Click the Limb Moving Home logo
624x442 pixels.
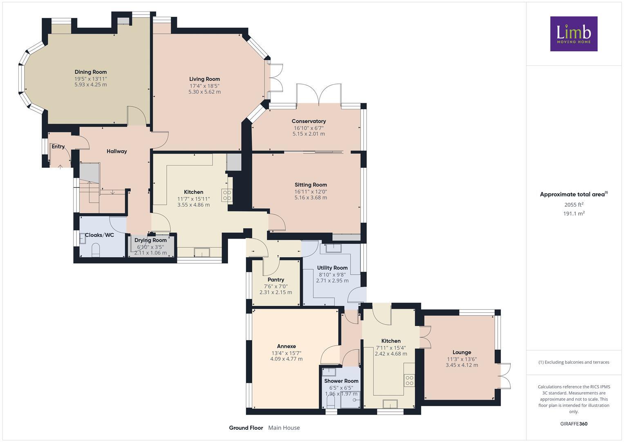pyautogui.click(x=573, y=34)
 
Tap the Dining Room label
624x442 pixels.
pyautogui.click(x=90, y=72)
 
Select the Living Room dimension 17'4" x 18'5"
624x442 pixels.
pyautogui.click(x=204, y=86)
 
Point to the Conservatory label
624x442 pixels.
pyautogui.click(x=309, y=121)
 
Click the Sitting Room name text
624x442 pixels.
pyautogui.click(x=311, y=185)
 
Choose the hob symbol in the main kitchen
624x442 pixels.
pyautogui.click(x=227, y=195)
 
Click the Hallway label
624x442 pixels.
pyautogui.click(x=117, y=151)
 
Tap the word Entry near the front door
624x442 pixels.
pyautogui.click(x=58, y=147)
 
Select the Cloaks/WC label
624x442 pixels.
pyautogui.click(x=99, y=235)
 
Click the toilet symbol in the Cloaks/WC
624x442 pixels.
pyautogui.click(x=96, y=249)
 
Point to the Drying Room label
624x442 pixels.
pyautogui.click(x=150, y=240)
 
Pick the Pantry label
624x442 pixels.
pyautogui.click(x=276, y=280)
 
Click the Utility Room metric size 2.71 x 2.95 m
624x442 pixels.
pyautogui.click(x=332, y=281)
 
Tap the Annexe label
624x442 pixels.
pyautogui.click(x=286, y=346)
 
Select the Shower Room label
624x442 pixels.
pyautogui.click(x=341, y=381)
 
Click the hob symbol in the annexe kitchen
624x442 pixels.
pyautogui.click(x=409, y=380)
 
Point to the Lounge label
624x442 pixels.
pyautogui.click(x=462, y=352)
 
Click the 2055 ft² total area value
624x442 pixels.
pyautogui.click(x=574, y=205)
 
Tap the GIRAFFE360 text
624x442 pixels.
pyautogui.click(x=574, y=424)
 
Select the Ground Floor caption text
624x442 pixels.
pyautogui.click(x=246, y=428)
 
